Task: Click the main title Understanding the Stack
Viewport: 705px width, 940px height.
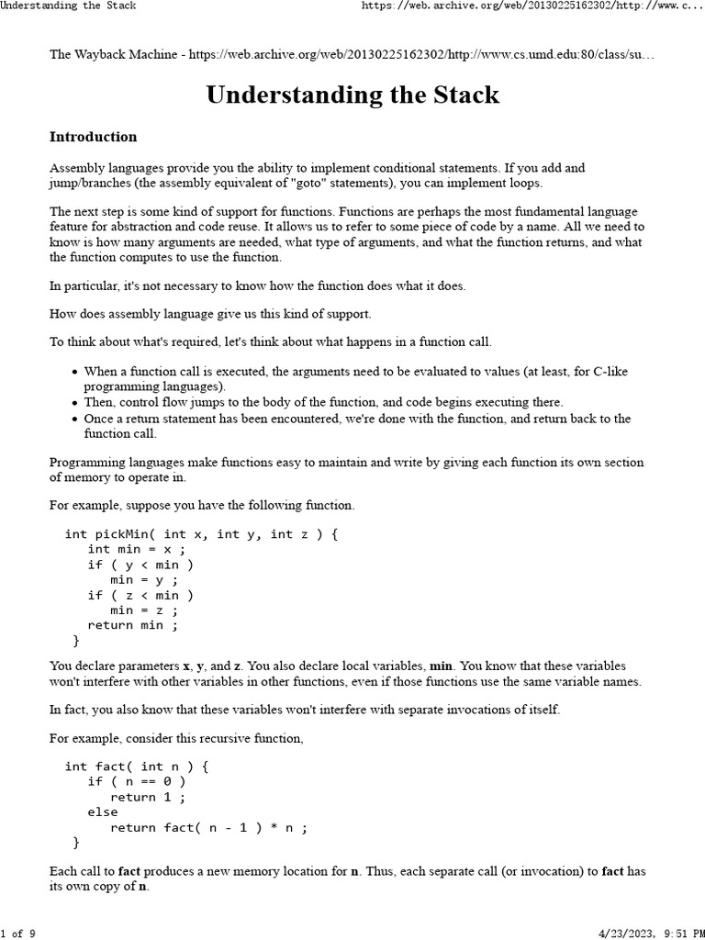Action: click(x=352, y=95)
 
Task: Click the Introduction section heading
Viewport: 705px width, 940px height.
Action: click(x=93, y=137)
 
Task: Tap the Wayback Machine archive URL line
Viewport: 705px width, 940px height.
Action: click(x=352, y=55)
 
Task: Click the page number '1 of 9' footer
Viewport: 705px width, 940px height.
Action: click(x=18, y=934)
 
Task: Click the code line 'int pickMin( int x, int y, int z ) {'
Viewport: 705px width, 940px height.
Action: click(x=202, y=533)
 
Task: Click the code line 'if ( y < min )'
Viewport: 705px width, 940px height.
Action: click(x=140, y=565)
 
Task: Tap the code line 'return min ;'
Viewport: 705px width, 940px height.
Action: click(x=133, y=625)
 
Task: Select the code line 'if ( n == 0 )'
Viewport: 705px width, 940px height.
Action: click(x=137, y=781)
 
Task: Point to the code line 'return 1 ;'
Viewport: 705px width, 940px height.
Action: click(x=148, y=797)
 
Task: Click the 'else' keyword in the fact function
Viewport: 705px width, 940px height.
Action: click(x=103, y=811)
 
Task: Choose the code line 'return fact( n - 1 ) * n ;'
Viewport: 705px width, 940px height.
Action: click(x=209, y=827)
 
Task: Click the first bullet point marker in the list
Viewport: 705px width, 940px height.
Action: click(x=74, y=372)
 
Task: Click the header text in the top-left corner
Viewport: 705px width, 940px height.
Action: click(x=68, y=6)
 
